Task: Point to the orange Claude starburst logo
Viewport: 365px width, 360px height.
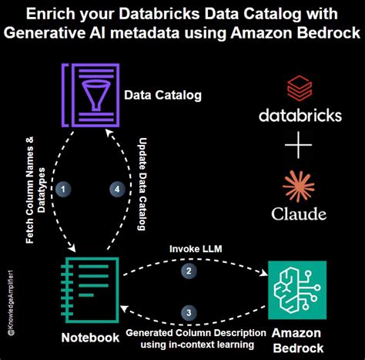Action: (x=299, y=185)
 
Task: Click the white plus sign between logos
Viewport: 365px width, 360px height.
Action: (x=299, y=146)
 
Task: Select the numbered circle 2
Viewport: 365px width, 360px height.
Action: (x=186, y=271)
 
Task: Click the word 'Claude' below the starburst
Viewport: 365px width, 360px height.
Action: (x=299, y=214)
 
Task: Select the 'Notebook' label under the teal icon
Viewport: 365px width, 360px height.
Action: (x=89, y=337)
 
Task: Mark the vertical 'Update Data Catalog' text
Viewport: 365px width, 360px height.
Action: (x=142, y=185)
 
